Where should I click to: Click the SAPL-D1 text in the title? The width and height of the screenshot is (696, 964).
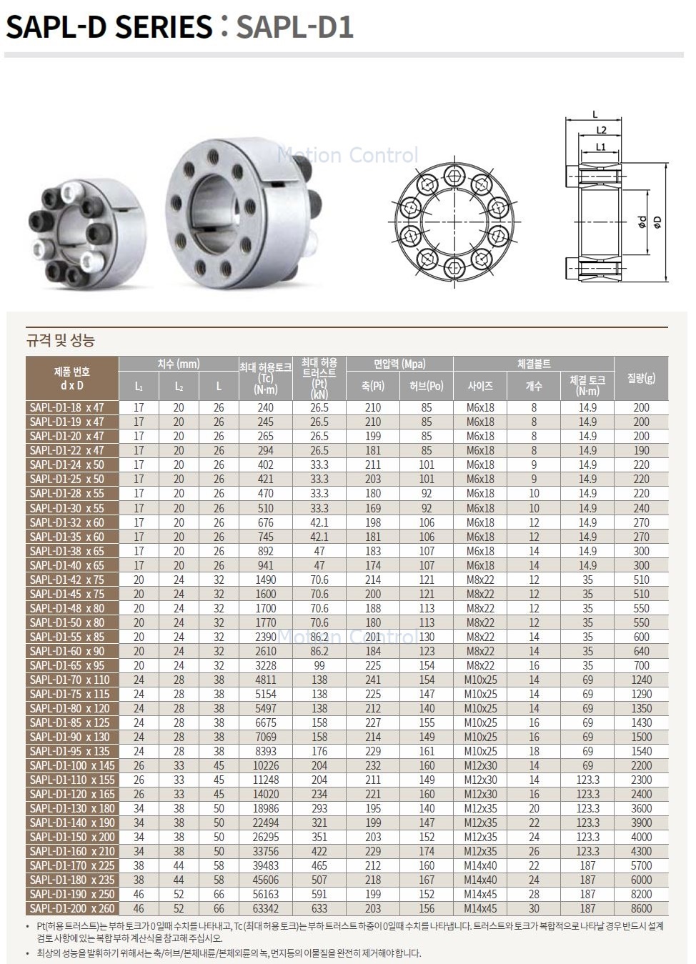click(295, 26)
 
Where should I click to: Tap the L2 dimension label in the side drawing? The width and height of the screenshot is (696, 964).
click(601, 130)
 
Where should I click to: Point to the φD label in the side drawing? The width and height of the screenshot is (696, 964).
click(657, 222)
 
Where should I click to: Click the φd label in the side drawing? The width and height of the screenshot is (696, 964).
click(642, 222)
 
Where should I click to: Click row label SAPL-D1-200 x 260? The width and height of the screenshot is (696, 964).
click(72, 908)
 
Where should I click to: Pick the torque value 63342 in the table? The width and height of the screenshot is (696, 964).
click(266, 908)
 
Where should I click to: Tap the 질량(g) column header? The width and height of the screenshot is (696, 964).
click(641, 378)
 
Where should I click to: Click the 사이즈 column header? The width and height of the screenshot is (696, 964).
click(480, 386)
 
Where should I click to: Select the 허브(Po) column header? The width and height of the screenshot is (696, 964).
click(426, 386)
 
